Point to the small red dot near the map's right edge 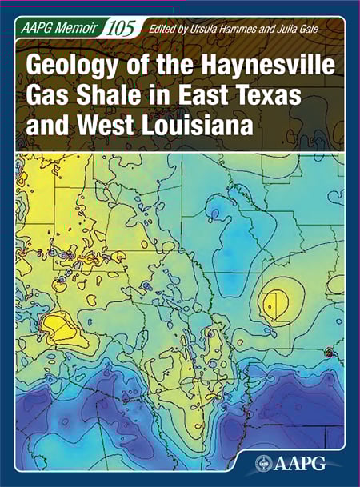[x=328, y=353]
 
